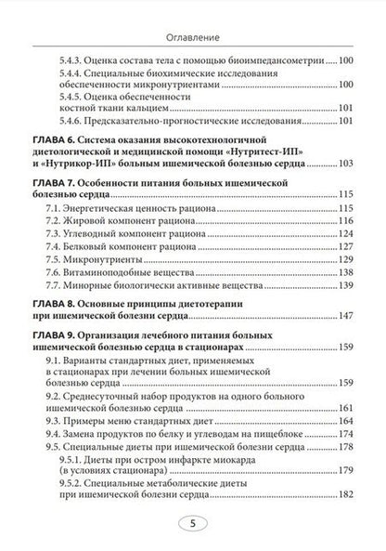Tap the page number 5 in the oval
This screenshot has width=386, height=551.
(192, 524)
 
